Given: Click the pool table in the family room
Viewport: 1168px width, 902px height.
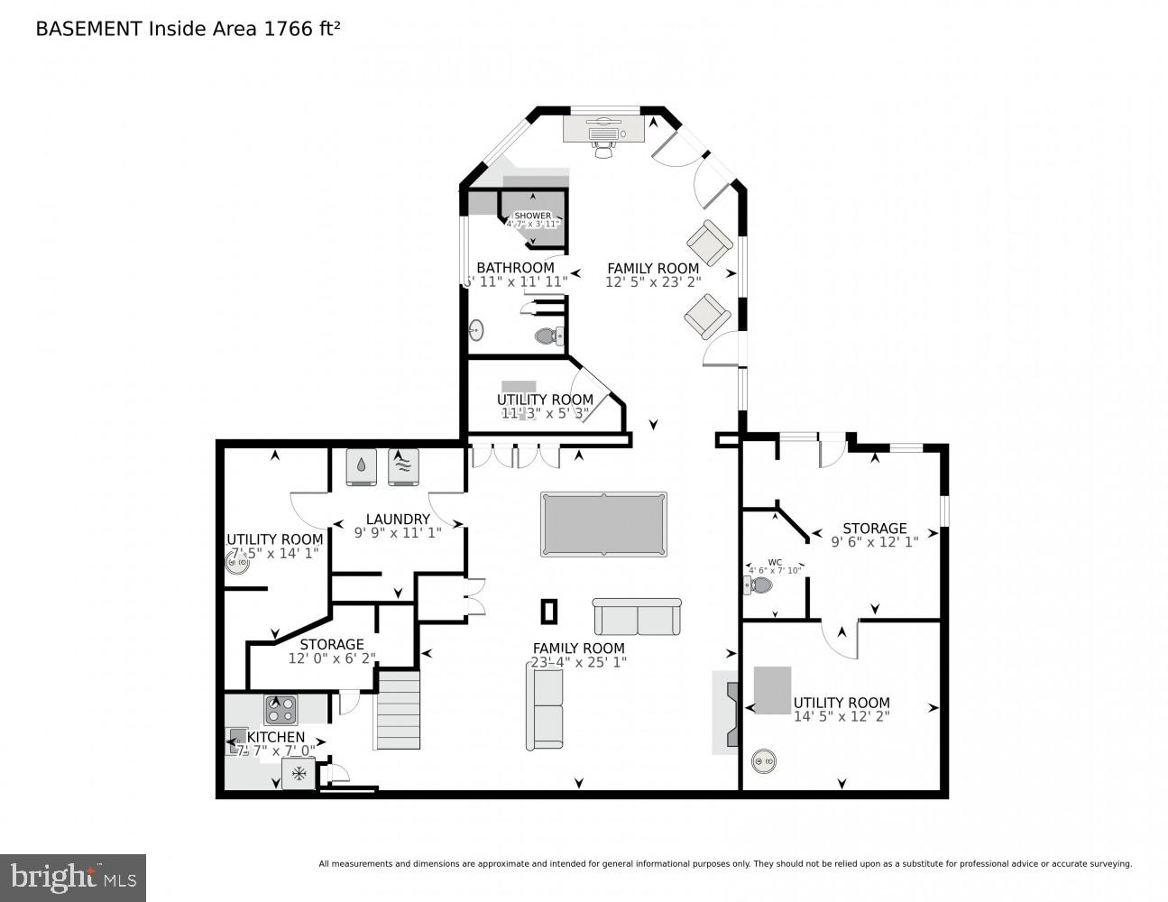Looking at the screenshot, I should click(603, 523).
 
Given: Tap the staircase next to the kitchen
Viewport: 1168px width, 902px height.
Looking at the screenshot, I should click(398, 710).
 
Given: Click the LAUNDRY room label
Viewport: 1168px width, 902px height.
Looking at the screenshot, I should click(398, 519).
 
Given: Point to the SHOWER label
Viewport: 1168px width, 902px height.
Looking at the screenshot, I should click(532, 216).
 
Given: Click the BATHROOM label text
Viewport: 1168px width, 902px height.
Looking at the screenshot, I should click(515, 268).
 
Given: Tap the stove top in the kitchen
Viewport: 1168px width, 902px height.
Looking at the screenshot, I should click(281, 710).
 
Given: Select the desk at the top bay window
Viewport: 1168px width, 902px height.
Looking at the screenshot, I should click(603, 128).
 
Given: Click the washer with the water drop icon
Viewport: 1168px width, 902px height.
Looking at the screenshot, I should click(361, 467).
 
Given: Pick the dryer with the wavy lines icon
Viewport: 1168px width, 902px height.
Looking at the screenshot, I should click(403, 467).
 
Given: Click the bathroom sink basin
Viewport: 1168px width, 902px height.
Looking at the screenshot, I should click(476, 330).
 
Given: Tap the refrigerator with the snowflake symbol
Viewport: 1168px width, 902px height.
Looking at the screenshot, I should click(299, 774).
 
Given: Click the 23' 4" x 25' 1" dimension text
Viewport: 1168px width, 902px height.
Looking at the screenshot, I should click(578, 662).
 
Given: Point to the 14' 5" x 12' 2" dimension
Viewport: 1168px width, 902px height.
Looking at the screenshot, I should click(842, 716).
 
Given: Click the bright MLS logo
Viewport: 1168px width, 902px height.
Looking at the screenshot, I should click(73, 876).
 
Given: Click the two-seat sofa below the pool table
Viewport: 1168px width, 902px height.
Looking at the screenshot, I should click(637, 617).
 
